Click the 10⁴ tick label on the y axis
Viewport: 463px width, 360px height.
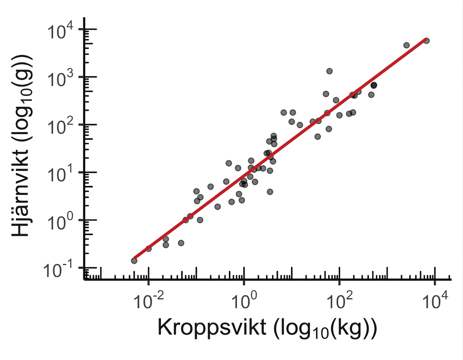pyautogui.click(x=60, y=31)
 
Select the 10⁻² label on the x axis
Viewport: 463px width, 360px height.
pyautogui.click(x=148, y=301)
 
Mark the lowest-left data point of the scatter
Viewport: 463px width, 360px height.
pyautogui.click(x=134, y=261)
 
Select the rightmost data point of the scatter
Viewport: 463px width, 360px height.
pyautogui.click(x=426, y=41)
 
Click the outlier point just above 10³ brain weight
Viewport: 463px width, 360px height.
pyautogui.click(x=330, y=71)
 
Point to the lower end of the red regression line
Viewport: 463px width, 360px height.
pyautogui.click(x=134, y=258)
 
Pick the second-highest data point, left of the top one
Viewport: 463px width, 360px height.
pyautogui.click(x=407, y=45)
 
